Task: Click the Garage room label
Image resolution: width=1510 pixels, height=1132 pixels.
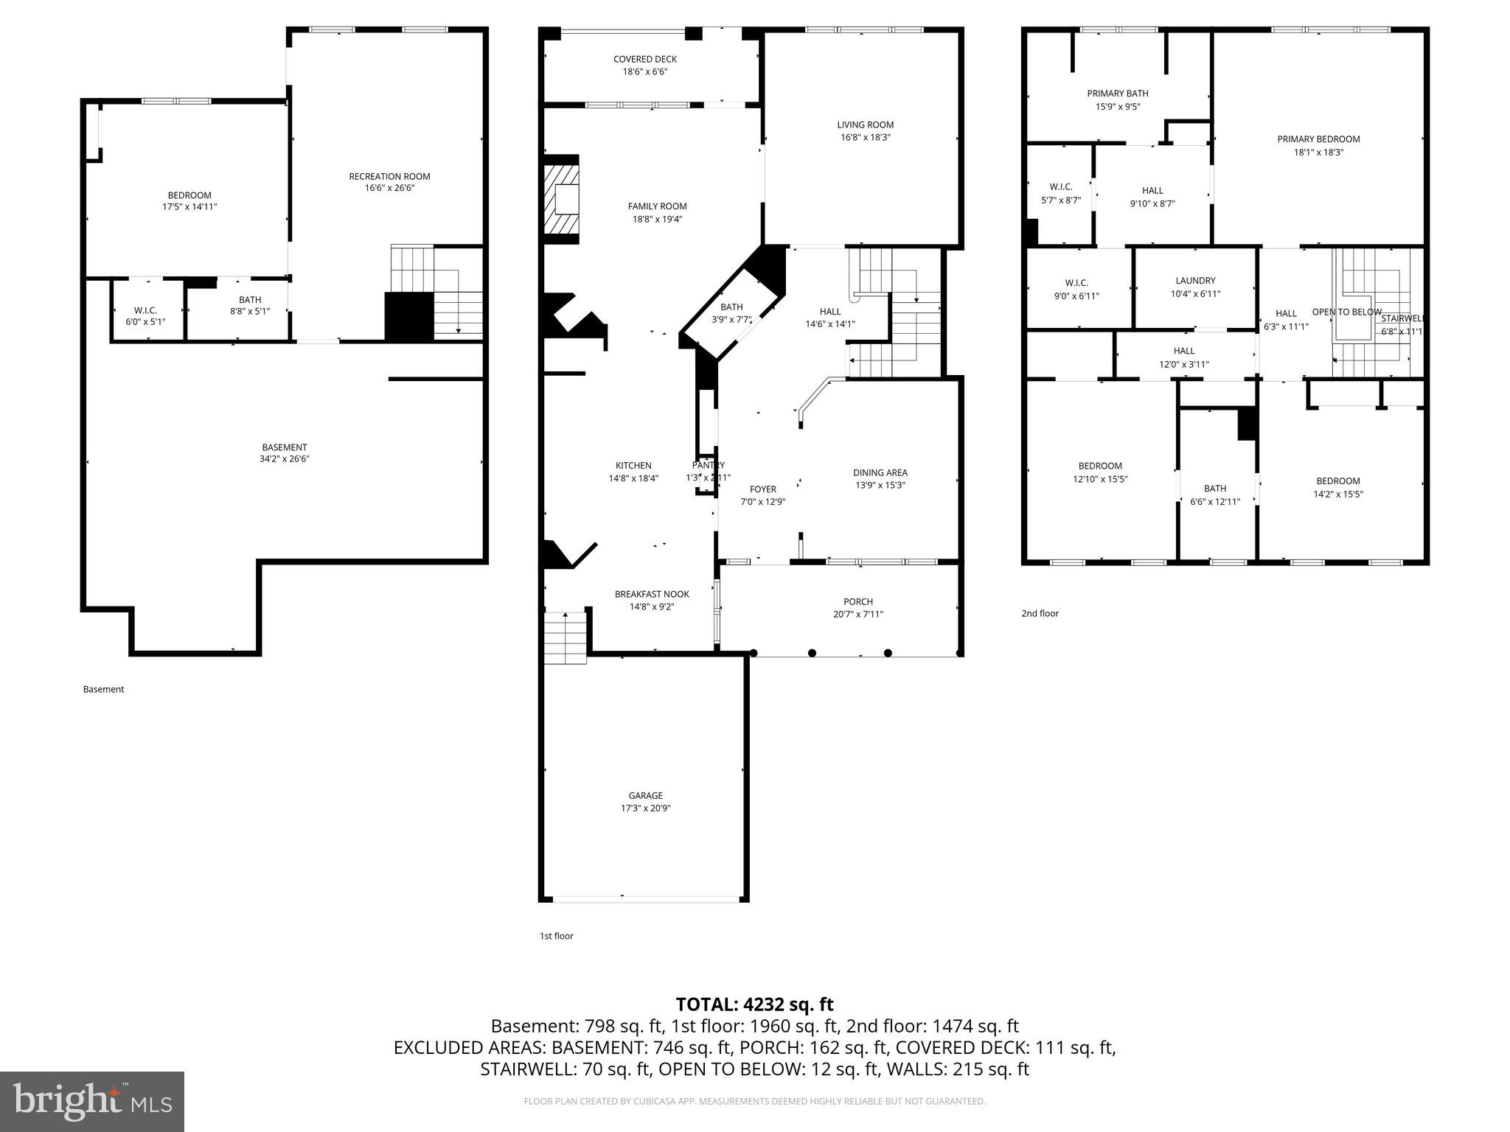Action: click(645, 795)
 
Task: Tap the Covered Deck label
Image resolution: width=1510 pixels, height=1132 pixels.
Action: click(644, 59)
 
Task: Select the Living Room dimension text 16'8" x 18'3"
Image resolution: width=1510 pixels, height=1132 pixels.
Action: click(866, 137)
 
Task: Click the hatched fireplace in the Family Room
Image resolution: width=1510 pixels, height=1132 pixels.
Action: click(562, 198)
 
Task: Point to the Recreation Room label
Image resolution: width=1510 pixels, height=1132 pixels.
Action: click(389, 176)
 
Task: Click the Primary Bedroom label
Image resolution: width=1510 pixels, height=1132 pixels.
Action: click(1318, 139)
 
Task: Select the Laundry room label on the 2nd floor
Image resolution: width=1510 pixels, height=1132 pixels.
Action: click(1195, 280)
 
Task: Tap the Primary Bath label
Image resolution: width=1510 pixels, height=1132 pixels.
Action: click(1117, 93)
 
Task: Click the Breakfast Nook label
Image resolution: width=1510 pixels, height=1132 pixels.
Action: click(652, 594)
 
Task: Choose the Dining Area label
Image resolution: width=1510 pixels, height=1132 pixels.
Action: click(880, 472)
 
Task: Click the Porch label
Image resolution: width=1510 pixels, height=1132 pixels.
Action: click(858, 601)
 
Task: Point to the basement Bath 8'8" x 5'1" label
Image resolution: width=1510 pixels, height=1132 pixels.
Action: click(250, 305)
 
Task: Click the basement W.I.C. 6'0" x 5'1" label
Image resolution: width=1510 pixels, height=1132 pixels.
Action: click(145, 315)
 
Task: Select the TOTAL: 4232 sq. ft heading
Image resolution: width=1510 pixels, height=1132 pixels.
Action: click(754, 1004)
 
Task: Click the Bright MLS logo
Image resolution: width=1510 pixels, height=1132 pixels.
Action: click(92, 1101)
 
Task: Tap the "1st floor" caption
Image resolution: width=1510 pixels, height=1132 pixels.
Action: click(556, 936)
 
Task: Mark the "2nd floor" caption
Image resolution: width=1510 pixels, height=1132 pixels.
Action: click(1040, 613)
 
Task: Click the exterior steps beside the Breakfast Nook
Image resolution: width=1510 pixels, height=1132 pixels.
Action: click(566, 638)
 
